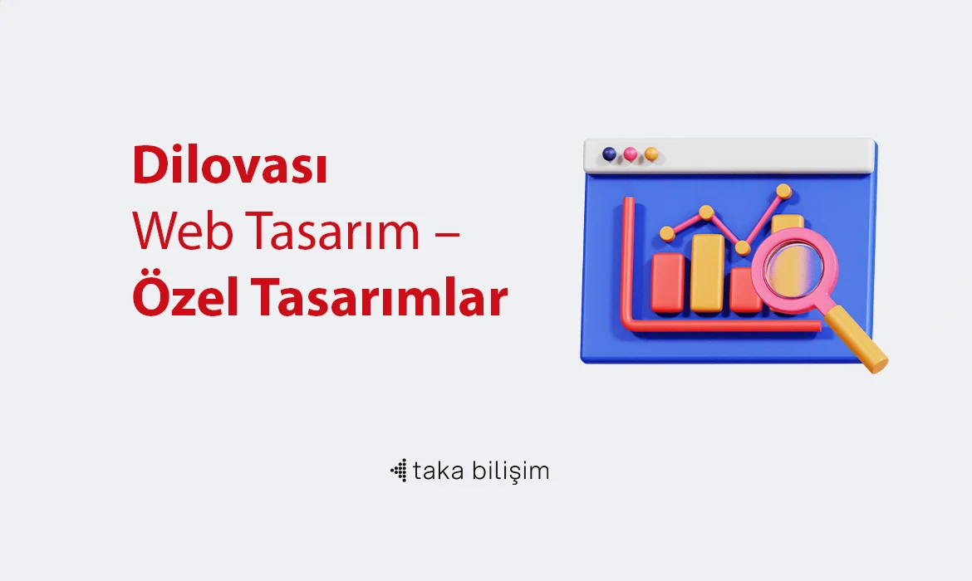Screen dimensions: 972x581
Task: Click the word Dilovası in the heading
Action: [229, 165]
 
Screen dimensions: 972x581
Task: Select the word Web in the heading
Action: [182, 231]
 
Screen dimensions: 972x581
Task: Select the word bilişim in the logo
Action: [510, 471]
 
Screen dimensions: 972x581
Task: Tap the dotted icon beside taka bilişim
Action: [399, 471]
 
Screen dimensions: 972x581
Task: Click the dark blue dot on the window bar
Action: [609, 154]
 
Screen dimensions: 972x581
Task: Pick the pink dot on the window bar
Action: [631, 154]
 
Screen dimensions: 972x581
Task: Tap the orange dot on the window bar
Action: [650, 154]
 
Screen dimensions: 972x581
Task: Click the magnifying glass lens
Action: [793, 269]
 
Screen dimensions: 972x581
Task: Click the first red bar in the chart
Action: [668, 282]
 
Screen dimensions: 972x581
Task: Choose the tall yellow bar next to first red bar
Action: [707, 272]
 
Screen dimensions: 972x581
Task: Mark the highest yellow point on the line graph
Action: [783, 191]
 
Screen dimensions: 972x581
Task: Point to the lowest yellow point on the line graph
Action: [742, 248]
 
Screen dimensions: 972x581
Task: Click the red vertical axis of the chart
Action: [628, 261]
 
